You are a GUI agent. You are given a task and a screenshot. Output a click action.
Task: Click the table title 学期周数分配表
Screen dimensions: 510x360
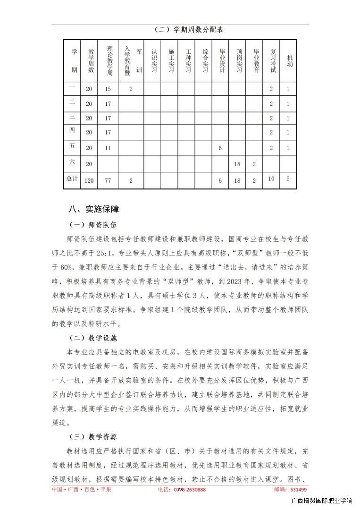click(189, 30)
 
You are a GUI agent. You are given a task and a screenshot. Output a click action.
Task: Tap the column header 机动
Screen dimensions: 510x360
click(289, 60)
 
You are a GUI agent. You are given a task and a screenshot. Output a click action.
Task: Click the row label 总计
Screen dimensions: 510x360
click(72, 178)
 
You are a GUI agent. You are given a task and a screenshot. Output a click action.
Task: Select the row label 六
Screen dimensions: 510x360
click(72, 162)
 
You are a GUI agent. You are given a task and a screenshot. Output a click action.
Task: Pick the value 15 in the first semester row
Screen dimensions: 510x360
click(108, 89)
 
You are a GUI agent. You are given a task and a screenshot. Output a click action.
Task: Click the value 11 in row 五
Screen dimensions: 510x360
click(108, 148)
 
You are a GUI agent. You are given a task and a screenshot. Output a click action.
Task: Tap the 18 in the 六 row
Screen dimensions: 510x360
click(237, 164)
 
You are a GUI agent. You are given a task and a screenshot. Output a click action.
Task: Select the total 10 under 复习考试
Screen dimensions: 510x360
click(271, 178)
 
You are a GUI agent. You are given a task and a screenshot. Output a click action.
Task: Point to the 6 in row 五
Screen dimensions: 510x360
click(220, 148)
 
